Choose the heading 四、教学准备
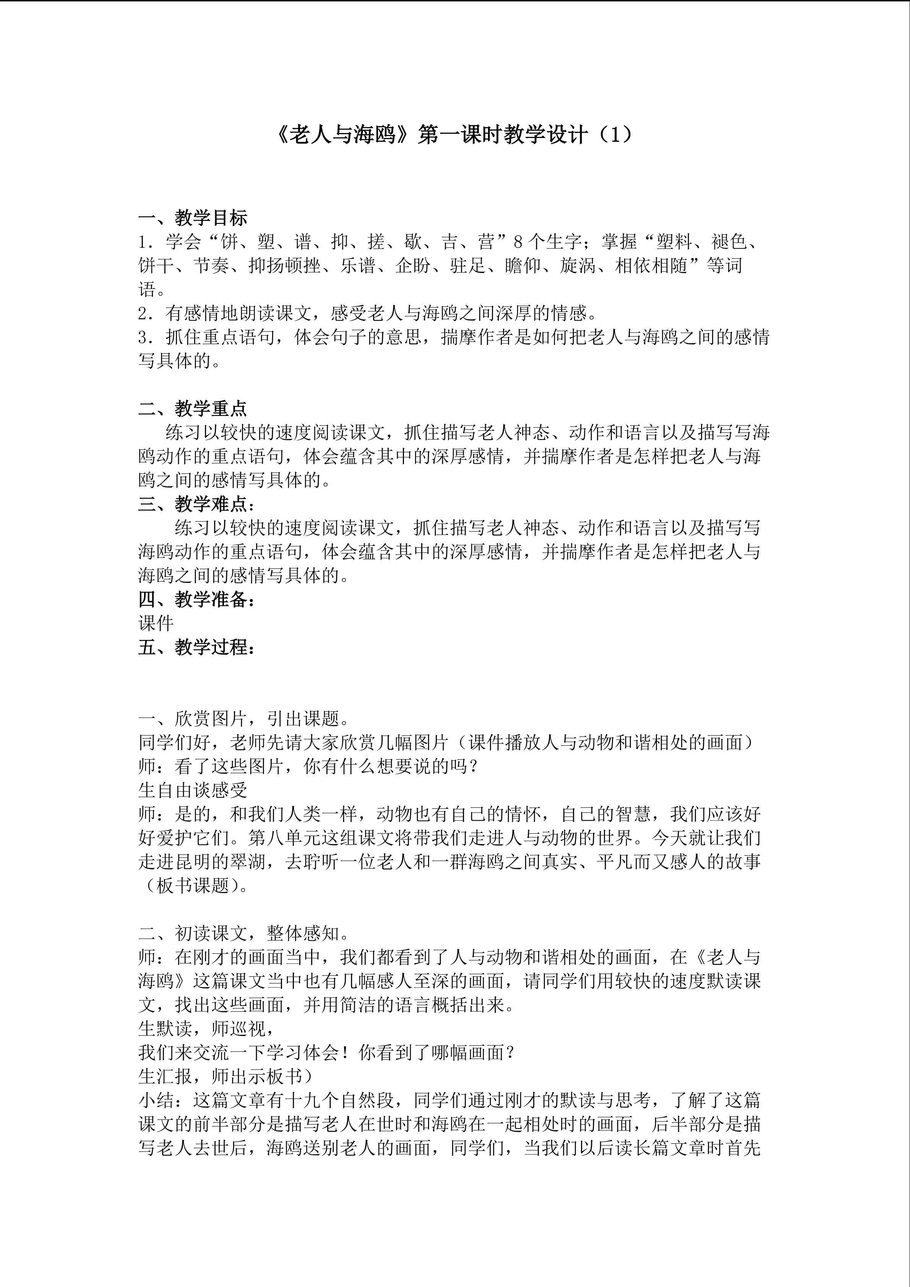tap(196, 599)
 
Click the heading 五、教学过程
tap(196, 648)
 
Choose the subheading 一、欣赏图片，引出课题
tap(244, 718)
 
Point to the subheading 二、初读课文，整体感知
tap(244, 933)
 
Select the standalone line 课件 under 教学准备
tap(156, 623)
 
